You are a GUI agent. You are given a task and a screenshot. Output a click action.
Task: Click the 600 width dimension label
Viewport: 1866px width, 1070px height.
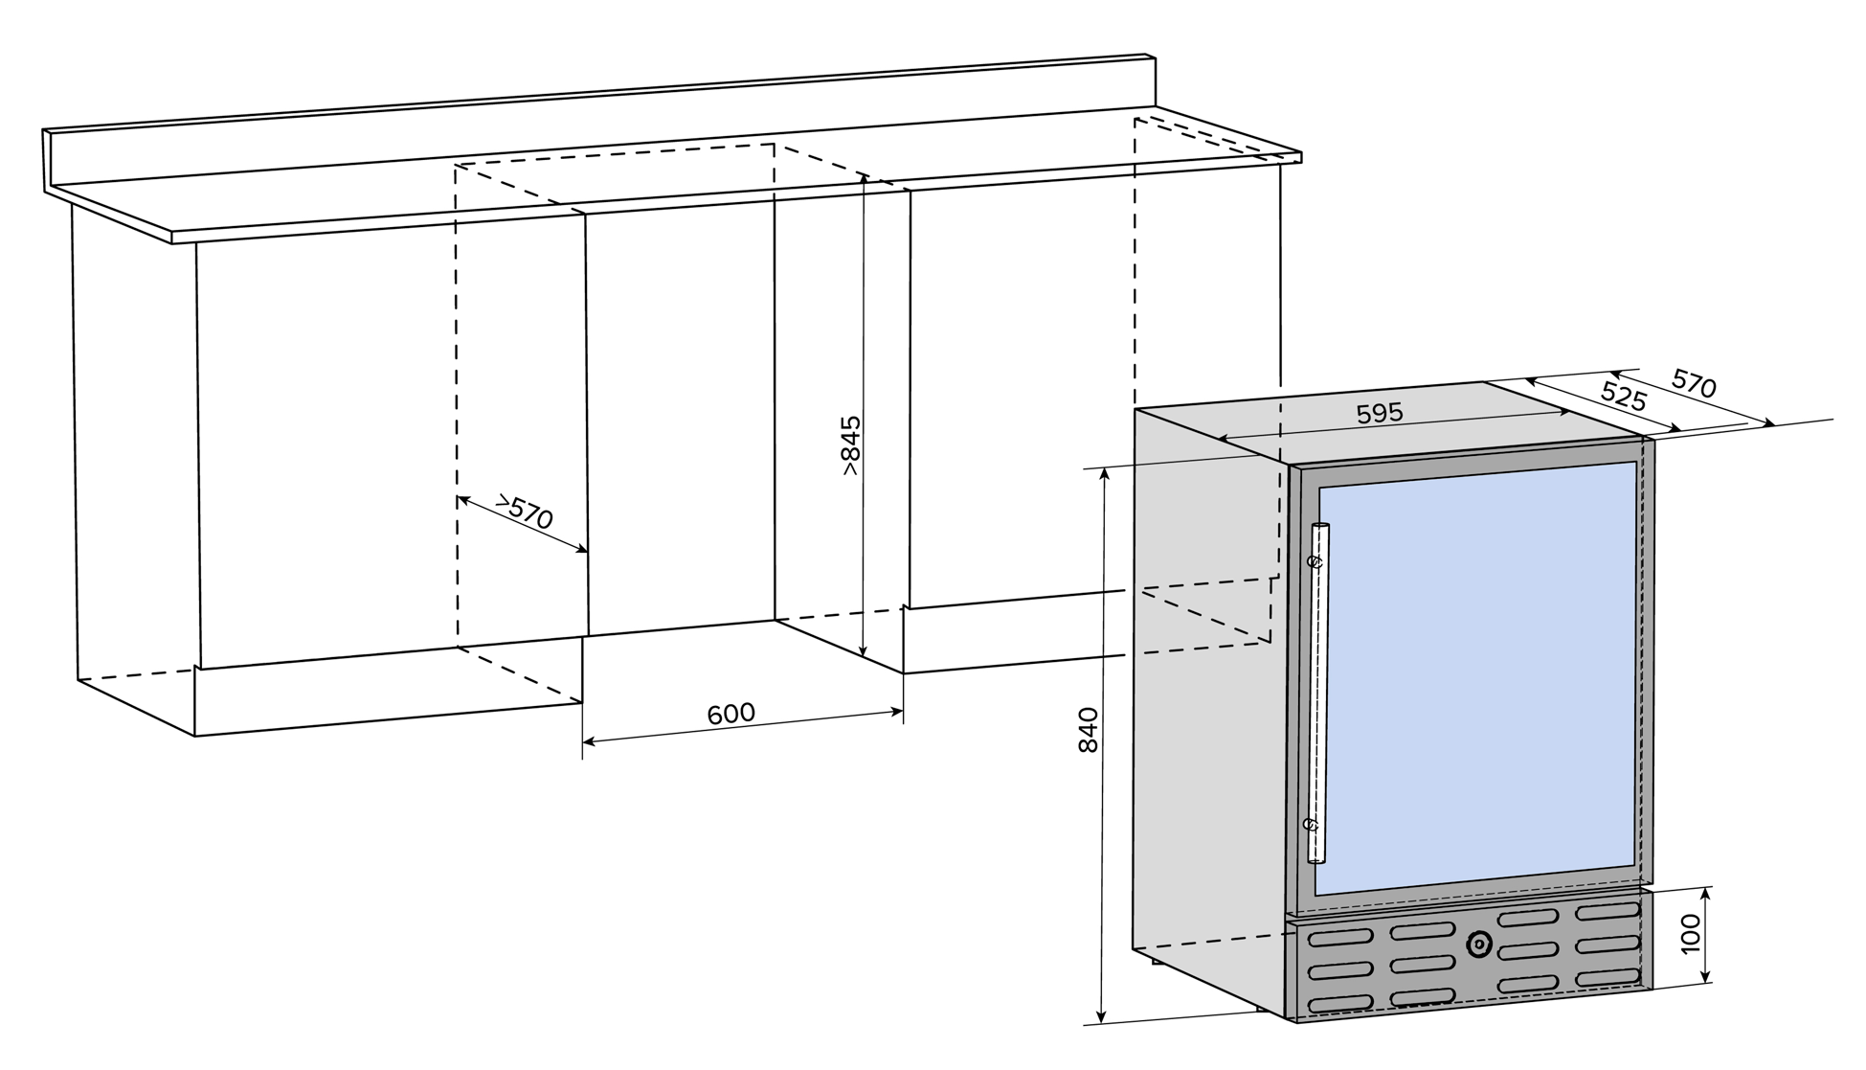coord(731,715)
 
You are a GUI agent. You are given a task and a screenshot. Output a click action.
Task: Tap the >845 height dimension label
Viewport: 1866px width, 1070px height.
coord(849,445)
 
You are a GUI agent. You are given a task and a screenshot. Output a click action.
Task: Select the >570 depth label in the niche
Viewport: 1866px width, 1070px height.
coord(525,512)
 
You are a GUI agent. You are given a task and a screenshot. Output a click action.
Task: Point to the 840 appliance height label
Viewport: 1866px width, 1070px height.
coord(1089,730)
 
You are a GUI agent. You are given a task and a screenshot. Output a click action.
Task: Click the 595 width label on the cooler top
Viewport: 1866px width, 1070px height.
coord(1380,413)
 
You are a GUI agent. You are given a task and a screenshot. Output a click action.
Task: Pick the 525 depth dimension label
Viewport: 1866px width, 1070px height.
coord(1623,395)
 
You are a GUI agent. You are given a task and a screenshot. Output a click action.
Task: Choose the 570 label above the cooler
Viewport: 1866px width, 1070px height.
coord(1694,383)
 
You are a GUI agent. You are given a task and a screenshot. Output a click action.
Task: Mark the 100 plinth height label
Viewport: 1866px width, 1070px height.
coord(1691,933)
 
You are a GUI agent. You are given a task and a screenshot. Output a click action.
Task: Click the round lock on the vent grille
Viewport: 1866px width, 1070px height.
coord(1478,945)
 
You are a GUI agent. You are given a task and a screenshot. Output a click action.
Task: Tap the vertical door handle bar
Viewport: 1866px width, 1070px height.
coord(1318,690)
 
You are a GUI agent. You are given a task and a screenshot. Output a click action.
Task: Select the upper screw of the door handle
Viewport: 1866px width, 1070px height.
coord(1317,560)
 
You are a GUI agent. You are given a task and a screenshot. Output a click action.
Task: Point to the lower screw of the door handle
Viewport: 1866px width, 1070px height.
coord(1312,823)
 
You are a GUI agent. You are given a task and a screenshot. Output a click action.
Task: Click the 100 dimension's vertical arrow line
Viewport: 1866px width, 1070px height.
coord(1706,935)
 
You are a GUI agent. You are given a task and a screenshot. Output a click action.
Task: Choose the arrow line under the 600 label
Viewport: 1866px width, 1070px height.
coord(743,726)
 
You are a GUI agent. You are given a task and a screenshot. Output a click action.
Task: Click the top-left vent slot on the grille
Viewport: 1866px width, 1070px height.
coord(1339,938)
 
